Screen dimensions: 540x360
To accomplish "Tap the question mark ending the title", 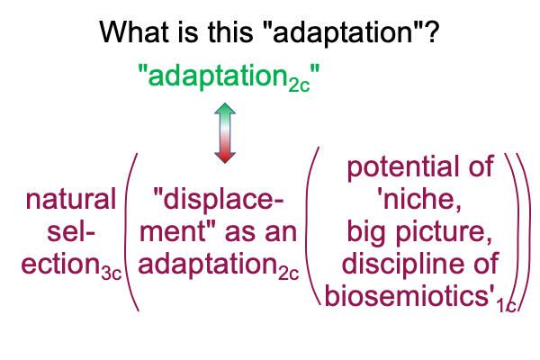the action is point(432,31).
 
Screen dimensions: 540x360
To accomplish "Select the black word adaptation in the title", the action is point(343,34).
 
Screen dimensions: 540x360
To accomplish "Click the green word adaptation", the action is point(218,76).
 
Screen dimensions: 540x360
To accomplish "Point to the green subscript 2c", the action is point(300,85).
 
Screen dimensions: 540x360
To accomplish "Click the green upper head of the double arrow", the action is point(225,109).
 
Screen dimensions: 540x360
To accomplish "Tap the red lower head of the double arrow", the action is point(225,157).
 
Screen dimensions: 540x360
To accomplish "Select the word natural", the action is point(70,199).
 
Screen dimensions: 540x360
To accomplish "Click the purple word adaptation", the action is point(208,265).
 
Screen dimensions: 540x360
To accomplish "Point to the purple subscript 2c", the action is point(289,274).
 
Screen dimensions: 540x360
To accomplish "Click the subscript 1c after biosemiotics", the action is point(506,305).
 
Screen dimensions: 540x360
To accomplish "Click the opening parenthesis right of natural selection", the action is point(130,232).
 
